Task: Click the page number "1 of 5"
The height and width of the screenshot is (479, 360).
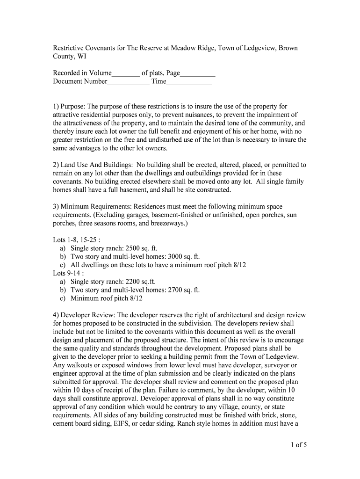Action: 297,445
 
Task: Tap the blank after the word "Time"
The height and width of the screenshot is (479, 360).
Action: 189,82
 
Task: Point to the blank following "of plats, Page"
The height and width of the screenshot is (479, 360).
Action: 197,73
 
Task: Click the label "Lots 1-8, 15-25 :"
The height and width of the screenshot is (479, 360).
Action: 77,240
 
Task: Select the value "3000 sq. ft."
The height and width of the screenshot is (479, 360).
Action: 183,257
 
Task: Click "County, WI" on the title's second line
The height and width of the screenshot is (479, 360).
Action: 69,57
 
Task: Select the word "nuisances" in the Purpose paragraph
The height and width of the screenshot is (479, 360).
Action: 198,115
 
